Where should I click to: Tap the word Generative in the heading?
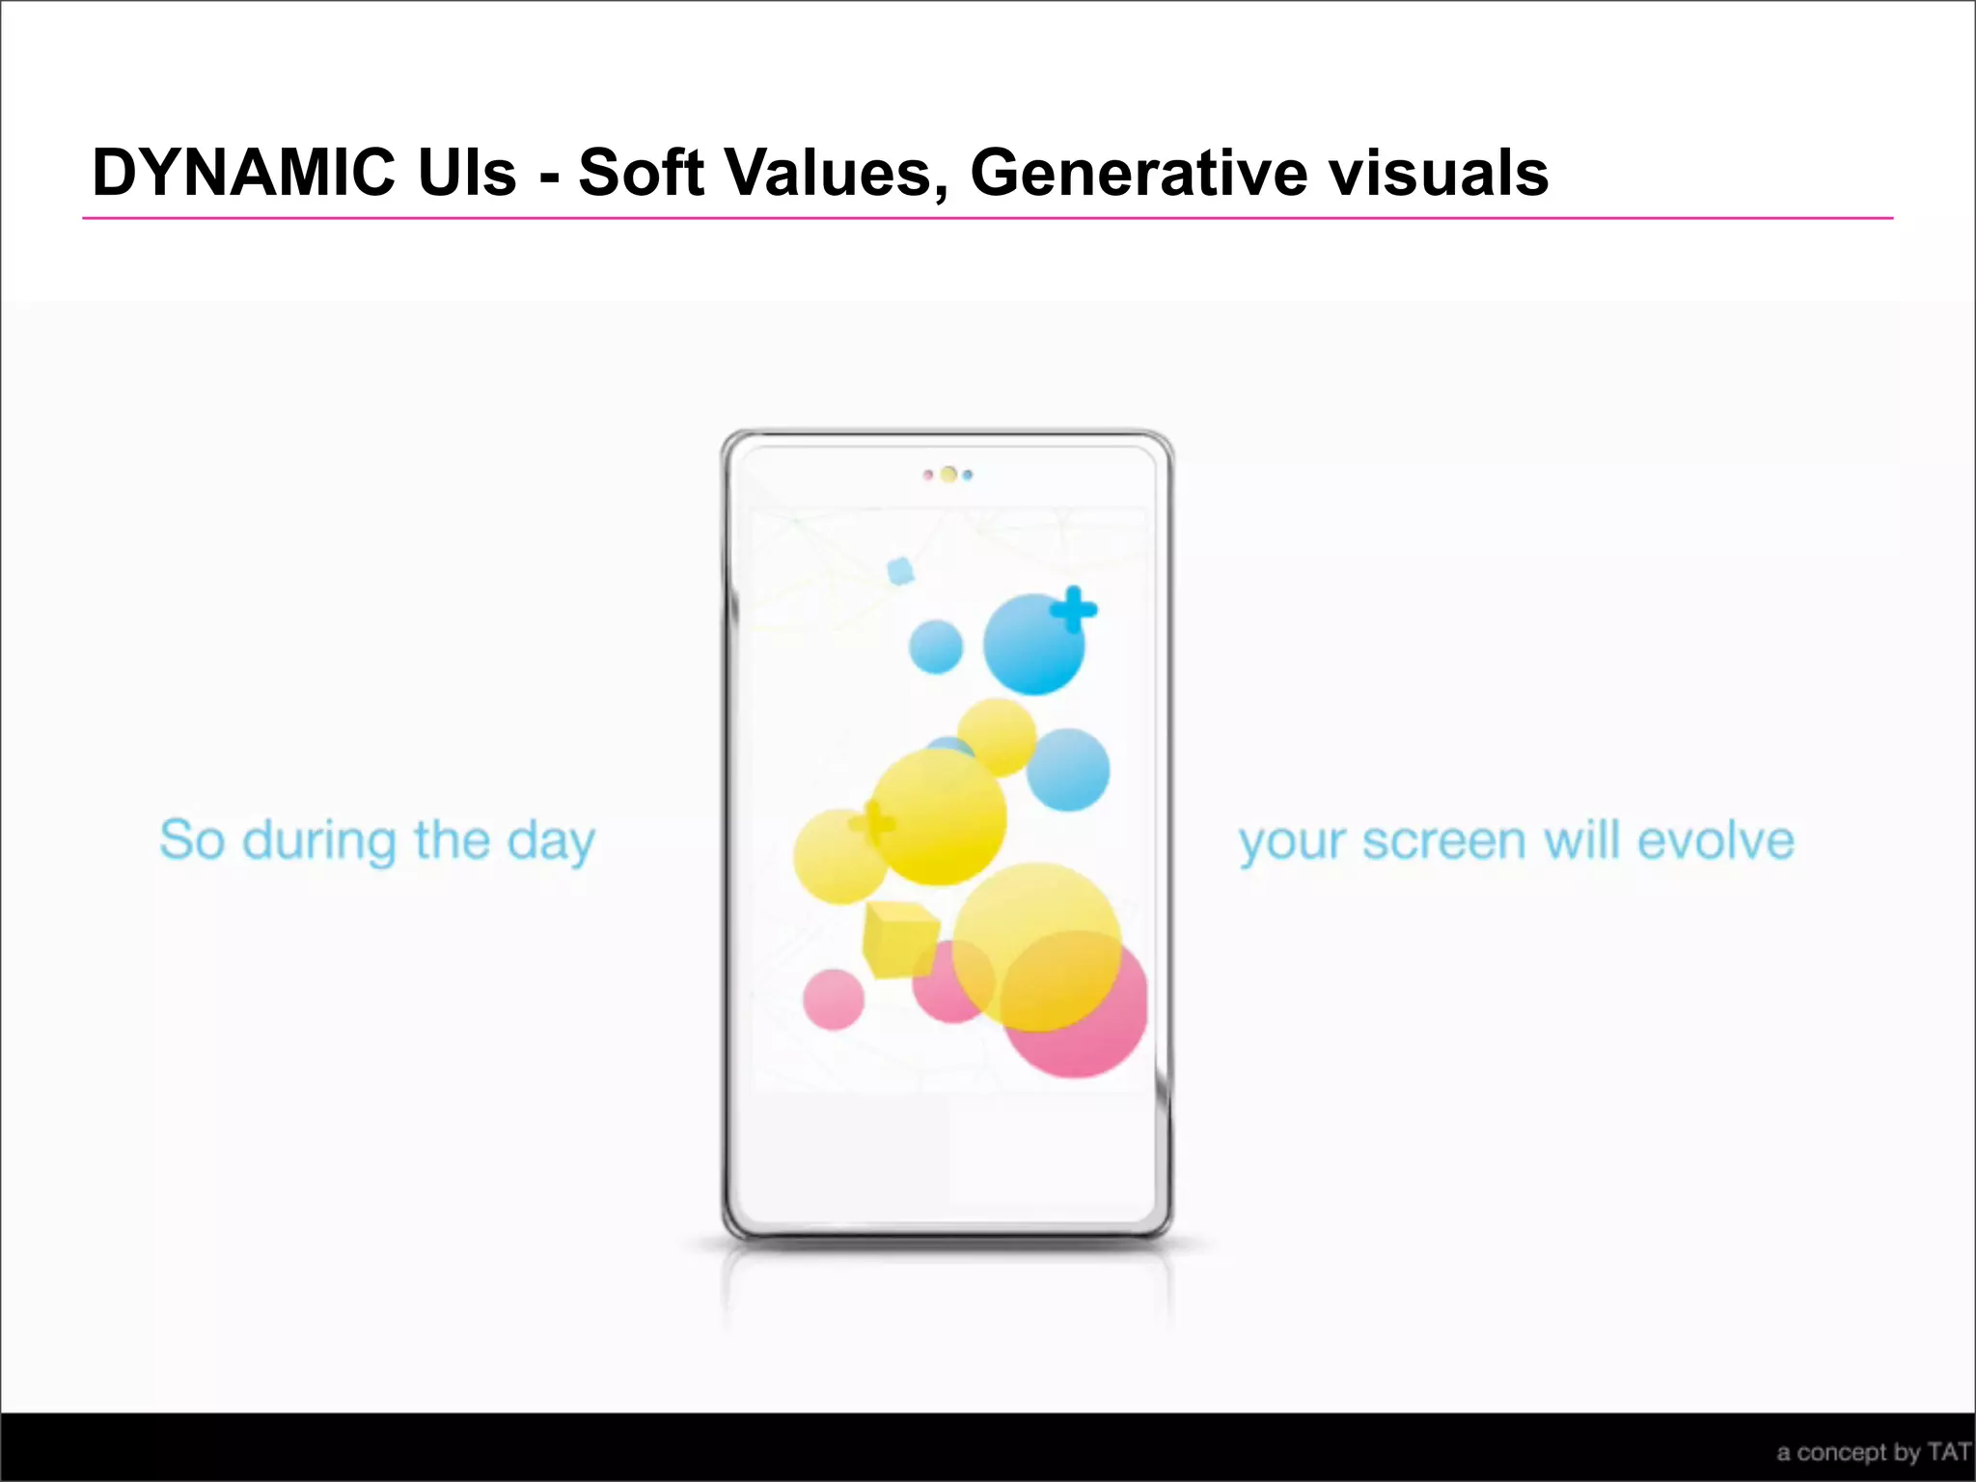[1139, 174]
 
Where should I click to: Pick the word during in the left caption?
[319, 841]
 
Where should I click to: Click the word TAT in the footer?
[1948, 1452]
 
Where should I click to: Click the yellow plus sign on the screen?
[872, 823]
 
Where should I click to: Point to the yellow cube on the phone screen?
[899, 938]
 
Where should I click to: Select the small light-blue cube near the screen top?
[900, 570]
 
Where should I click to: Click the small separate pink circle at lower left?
[834, 1000]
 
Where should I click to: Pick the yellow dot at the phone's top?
[948, 475]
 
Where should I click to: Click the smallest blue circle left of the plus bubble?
[936, 646]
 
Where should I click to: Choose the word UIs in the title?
[467, 174]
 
